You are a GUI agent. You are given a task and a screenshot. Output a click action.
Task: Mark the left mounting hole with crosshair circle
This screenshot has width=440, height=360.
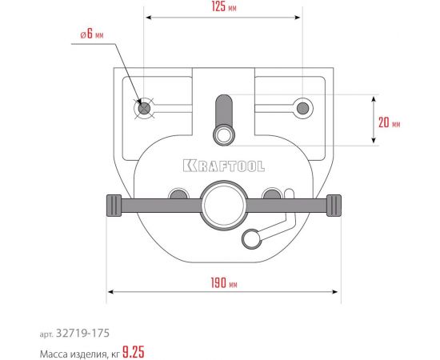144,108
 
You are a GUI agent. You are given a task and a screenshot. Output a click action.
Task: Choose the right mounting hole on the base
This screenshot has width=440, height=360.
302,107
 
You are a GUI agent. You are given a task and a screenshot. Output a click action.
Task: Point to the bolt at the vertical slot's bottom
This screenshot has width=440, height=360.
223,132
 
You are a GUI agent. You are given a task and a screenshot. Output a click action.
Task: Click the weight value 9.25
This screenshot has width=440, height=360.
134,350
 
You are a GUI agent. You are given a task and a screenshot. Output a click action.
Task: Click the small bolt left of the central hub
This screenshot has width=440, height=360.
179,194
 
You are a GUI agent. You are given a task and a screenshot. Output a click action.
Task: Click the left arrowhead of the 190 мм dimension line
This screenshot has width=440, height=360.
110,291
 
